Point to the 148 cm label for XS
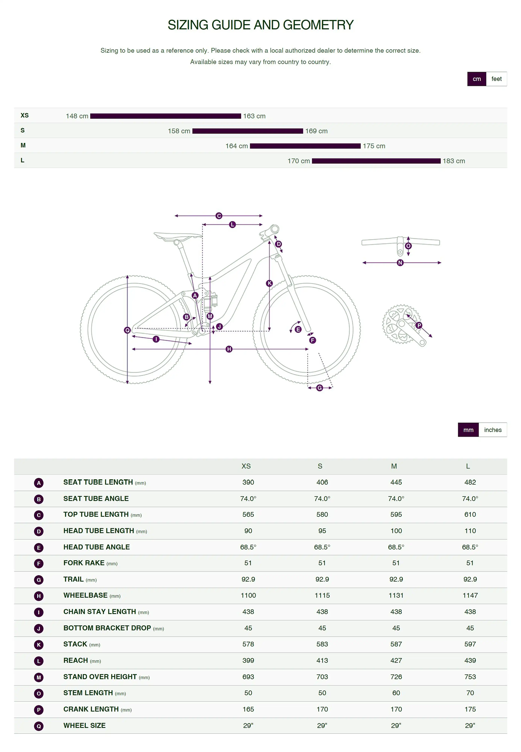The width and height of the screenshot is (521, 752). (77, 116)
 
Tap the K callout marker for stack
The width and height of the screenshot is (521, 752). (269, 283)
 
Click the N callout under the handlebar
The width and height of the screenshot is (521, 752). (400, 263)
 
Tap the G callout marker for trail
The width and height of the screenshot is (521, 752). (320, 388)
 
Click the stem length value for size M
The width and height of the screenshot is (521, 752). (396, 693)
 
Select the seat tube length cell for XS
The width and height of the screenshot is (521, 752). (248, 482)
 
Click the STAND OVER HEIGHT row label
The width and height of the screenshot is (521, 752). (100, 677)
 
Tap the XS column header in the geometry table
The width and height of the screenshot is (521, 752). (246, 466)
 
